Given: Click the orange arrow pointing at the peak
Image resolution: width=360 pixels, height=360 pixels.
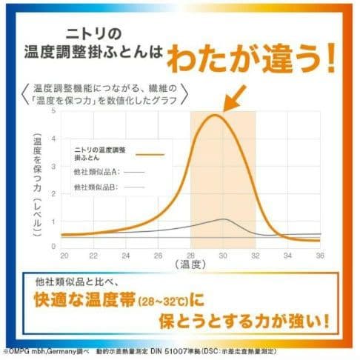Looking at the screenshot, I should (235, 99).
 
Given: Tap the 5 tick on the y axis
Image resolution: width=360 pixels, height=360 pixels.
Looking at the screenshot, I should (53, 111).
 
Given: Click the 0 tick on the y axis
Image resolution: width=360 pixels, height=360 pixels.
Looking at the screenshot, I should (53, 245).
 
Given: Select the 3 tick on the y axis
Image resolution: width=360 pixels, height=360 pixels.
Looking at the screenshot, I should (53, 164).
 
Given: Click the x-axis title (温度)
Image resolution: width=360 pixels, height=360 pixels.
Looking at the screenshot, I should (191, 264).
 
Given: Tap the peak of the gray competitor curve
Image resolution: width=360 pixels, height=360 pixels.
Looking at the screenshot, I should (224, 219).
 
